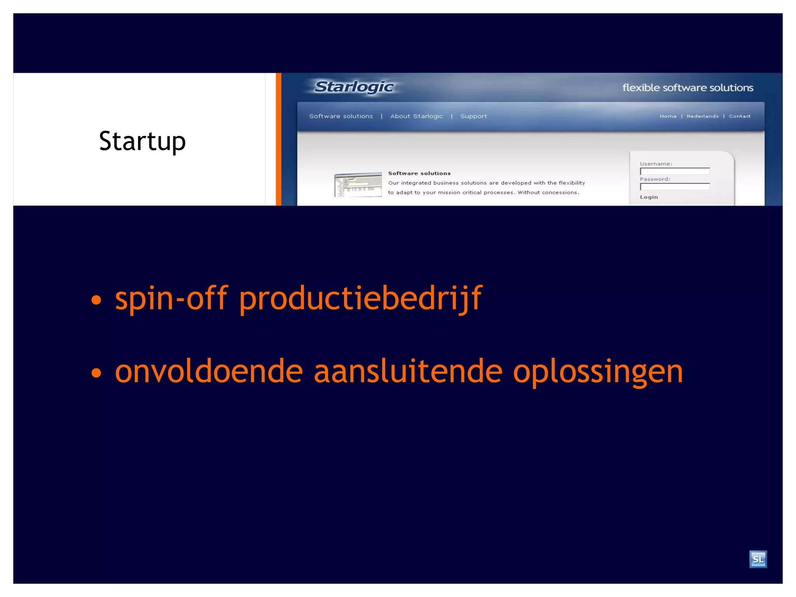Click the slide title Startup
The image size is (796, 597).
click(142, 141)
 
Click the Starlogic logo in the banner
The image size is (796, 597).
click(354, 87)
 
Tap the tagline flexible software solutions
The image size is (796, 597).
click(688, 88)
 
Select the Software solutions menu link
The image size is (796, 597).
click(341, 116)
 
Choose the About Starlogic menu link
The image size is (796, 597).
click(416, 116)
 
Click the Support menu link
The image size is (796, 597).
click(473, 116)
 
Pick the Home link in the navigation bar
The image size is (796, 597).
click(668, 116)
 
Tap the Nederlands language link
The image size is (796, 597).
click(702, 116)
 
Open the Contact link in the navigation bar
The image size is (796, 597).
click(740, 116)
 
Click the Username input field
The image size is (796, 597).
click(675, 171)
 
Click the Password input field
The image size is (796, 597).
click(675, 187)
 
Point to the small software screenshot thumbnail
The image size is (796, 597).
click(358, 185)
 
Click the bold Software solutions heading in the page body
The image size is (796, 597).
click(419, 173)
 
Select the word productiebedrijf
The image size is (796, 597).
click(360, 298)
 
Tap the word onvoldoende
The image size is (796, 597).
click(209, 372)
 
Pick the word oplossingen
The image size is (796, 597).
click(598, 372)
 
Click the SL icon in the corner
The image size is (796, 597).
click(758, 559)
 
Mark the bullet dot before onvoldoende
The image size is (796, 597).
click(96, 373)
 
